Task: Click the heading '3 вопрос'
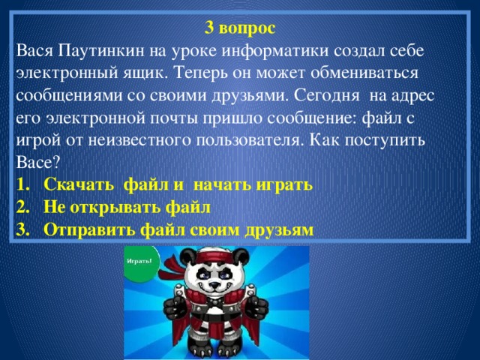(x=240, y=29)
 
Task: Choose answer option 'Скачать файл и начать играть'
(x=178, y=184)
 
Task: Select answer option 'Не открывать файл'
(x=127, y=206)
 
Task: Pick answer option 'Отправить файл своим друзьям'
(x=180, y=228)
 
